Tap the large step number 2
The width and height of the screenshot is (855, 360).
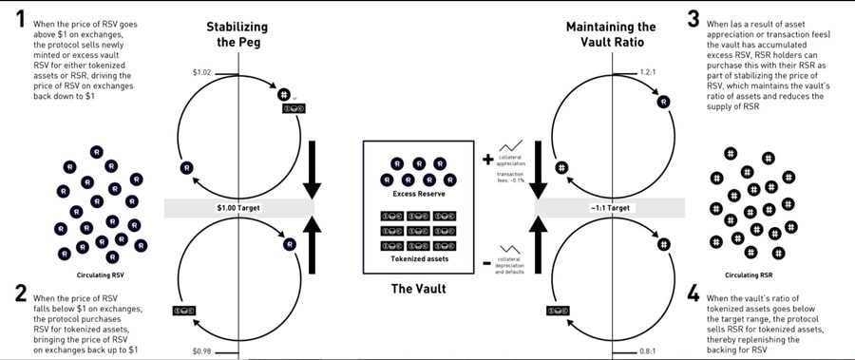[x=20, y=294]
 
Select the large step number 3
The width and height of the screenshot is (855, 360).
[x=693, y=20]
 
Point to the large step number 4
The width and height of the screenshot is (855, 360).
[x=693, y=294]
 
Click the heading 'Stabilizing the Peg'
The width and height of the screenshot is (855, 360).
[x=237, y=33]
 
